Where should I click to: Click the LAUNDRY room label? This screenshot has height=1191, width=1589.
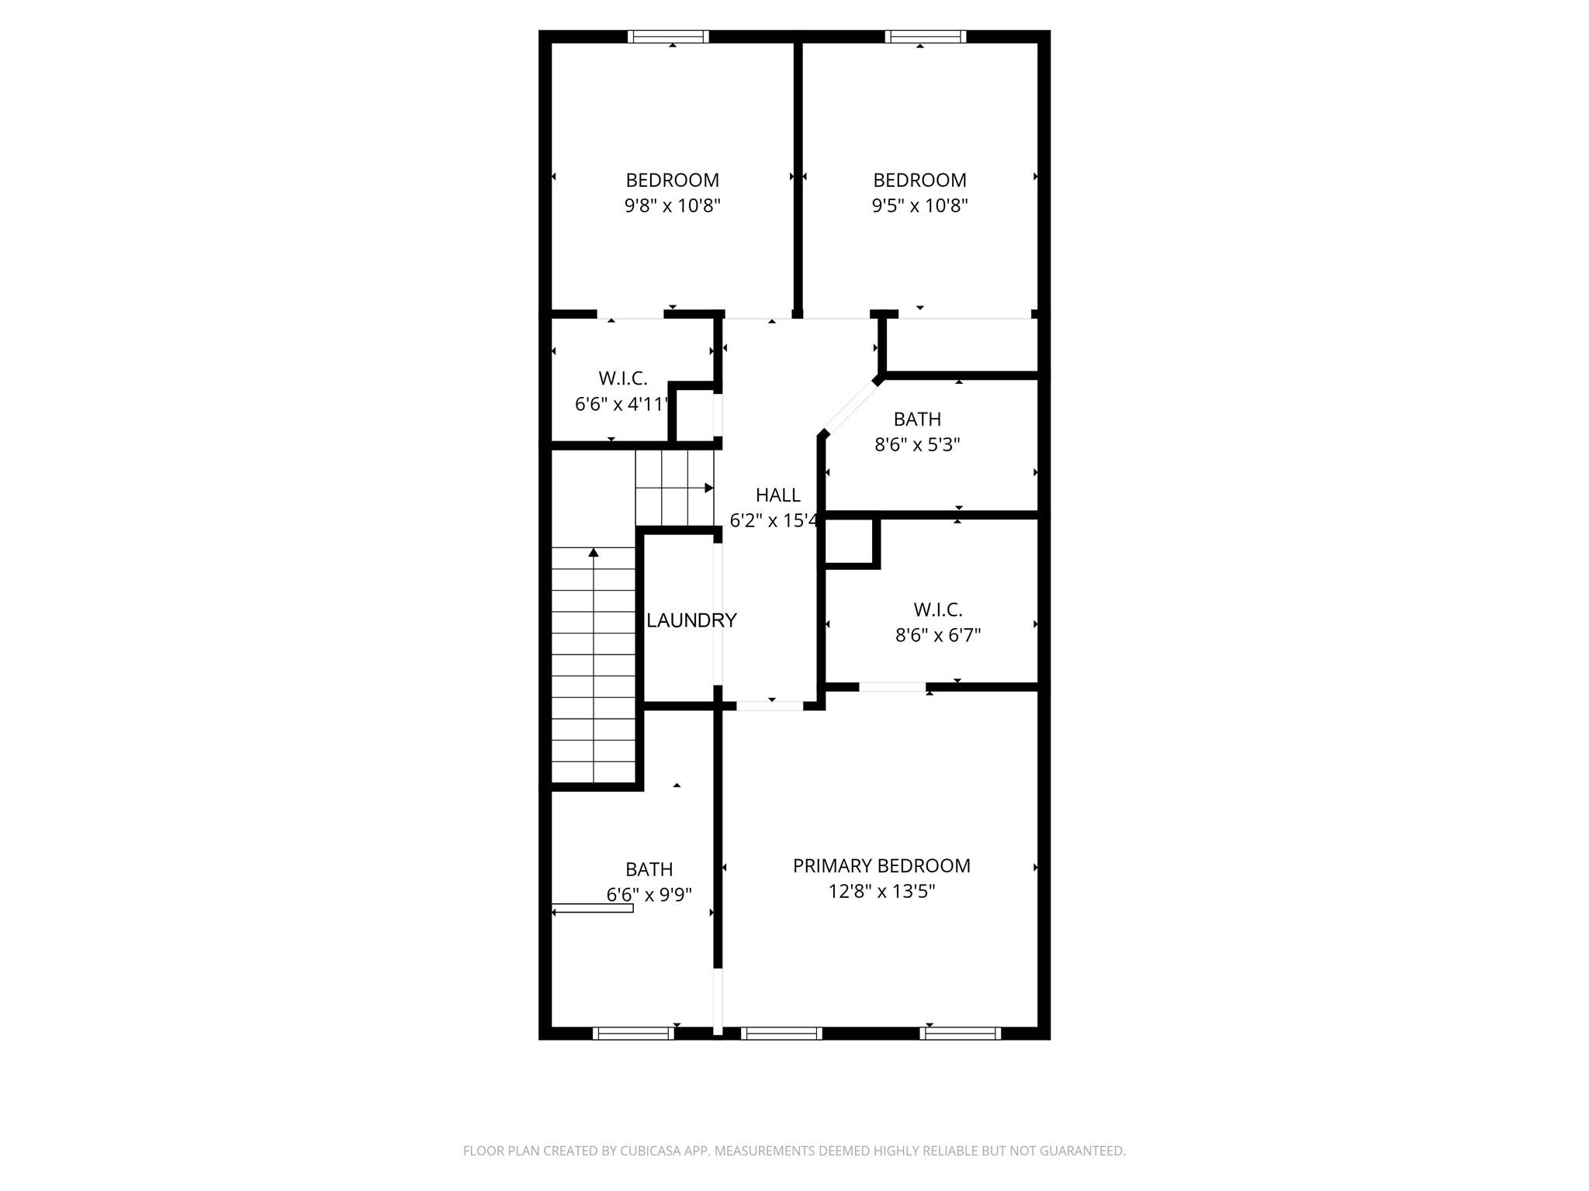[691, 620]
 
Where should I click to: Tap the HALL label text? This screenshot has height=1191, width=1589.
[777, 495]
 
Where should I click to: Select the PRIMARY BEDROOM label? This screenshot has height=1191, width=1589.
[881, 865]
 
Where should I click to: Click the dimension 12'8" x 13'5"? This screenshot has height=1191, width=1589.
[881, 892]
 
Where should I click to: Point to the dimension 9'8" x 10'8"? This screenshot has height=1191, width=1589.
[673, 205]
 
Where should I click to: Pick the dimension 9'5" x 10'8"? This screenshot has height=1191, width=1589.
[919, 205]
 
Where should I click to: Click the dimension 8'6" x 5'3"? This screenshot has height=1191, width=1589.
[917, 445]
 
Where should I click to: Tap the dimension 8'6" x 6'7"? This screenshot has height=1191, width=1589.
[938, 636]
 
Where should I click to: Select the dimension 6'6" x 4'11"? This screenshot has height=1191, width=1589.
[621, 404]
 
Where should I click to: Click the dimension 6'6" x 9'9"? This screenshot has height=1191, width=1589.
[649, 895]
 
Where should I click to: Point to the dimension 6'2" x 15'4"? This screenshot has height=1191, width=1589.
[774, 520]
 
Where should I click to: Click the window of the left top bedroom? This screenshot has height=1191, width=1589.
[668, 36]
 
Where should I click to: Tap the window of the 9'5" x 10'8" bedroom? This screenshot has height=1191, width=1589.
[926, 36]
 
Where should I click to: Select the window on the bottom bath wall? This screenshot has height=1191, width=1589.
[633, 1033]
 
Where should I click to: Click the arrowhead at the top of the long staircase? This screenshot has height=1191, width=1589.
[594, 552]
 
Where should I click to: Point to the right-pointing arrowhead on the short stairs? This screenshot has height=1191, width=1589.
[708, 488]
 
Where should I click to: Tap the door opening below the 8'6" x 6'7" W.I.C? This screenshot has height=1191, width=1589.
[892, 687]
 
